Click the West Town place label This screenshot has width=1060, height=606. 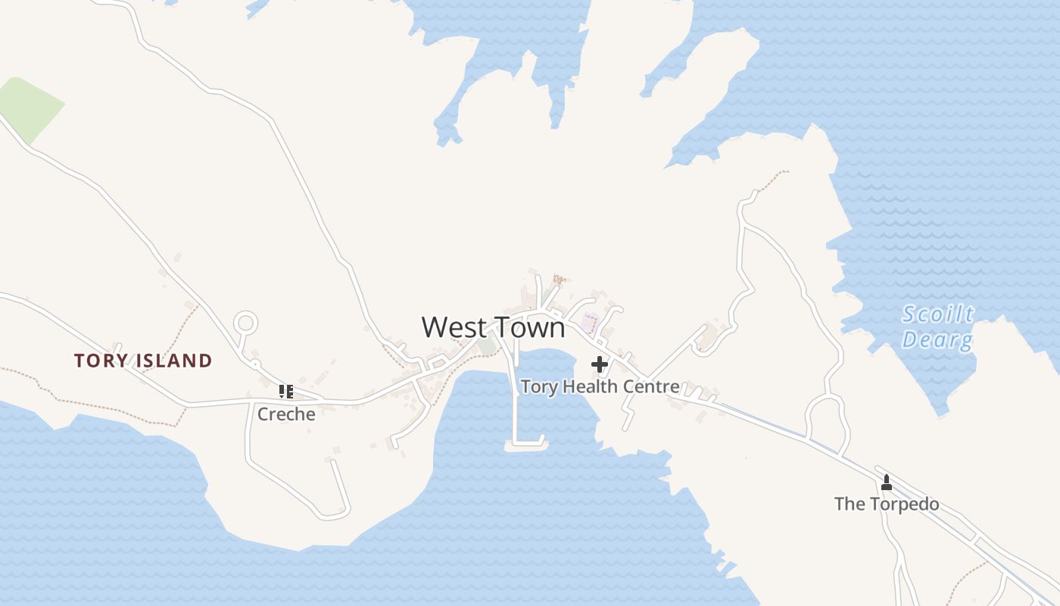[x=493, y=327]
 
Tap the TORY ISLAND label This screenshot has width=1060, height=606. [x=143, y=361]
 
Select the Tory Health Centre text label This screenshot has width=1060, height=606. [x=600, y=386]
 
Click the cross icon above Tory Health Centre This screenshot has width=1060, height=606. [x=600, y=365]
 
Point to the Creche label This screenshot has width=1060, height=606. [x=286, y=414]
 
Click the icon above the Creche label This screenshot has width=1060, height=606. [x=286, y=391]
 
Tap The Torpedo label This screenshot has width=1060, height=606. [x=887, y=504]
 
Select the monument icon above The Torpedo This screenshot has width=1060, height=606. [x=887, y=482]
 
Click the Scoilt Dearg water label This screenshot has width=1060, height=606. [x=938, y=326]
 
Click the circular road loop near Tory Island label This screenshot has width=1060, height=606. [x=245, y=323]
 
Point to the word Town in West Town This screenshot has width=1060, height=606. [x=529, y=327]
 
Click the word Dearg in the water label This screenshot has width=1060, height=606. [x=937, y=339]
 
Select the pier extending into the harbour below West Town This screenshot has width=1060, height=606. [x=516, y=401]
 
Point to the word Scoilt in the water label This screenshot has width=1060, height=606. [x=938, y=314]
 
